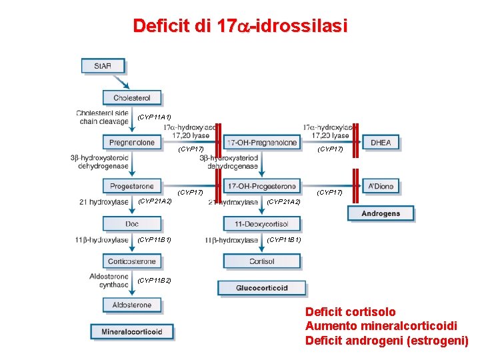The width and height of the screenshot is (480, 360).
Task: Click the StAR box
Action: click(103, 66)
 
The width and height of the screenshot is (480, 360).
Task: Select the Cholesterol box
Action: click(131, 97)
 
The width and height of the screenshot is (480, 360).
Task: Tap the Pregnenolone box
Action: click(131, 142)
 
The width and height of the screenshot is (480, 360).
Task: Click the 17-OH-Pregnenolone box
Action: click(262, 142)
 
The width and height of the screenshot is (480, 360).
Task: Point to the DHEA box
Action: click(381, 142)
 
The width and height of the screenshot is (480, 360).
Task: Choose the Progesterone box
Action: click(131, 186)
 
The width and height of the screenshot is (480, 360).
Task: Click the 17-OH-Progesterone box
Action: click(262, 186)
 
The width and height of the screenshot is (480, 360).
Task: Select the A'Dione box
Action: click(381, 186)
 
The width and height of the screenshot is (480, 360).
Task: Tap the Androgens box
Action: click(381, 213)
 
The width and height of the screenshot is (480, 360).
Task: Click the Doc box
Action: click(131, 224)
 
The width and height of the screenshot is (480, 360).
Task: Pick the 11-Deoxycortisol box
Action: click(262, 224)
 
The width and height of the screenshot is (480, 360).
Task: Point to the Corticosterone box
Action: click(131, 261)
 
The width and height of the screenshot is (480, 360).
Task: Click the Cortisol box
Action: click(262, 261)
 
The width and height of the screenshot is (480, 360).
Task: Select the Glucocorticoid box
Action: click(262, 288)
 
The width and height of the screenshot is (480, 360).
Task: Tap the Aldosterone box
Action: click(131, 305)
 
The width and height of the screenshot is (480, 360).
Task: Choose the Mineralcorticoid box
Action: click(132, 331)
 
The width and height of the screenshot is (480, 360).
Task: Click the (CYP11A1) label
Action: click(154, 117)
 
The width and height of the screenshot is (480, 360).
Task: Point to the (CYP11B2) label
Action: click(154, 281)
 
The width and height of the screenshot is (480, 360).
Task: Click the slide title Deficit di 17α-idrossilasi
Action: click(240, 26)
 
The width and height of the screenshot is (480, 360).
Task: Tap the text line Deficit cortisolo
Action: click(350, 312)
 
